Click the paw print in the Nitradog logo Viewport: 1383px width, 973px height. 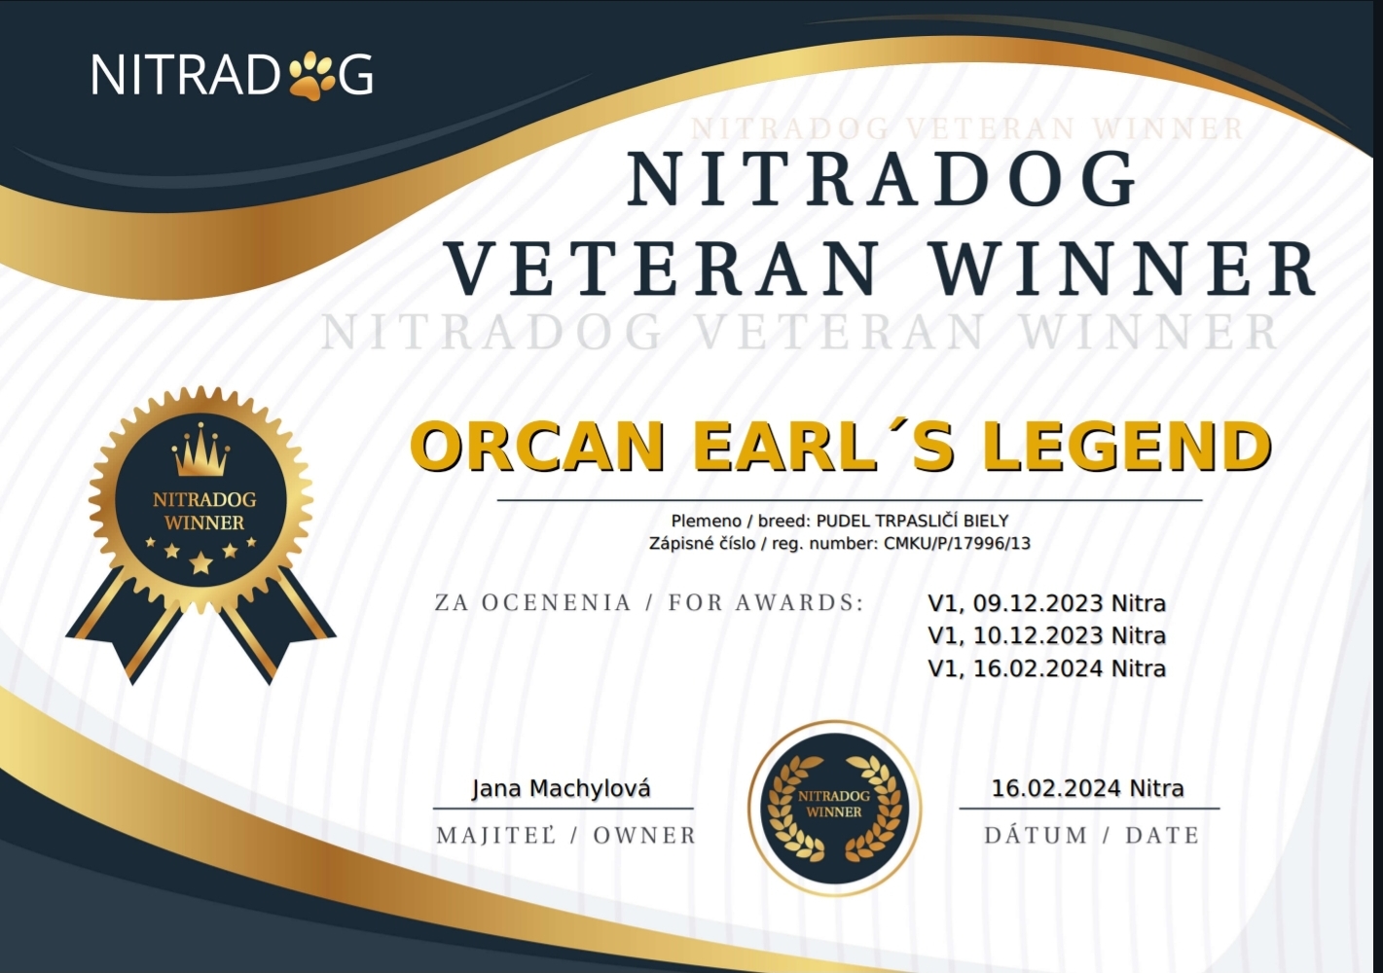coord(313,75)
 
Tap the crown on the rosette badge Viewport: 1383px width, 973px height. coord(200,450)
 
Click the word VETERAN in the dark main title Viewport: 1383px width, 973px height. coord(665,270)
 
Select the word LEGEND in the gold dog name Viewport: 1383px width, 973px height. coord(1126,447)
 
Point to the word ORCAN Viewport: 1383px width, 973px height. coord(536,447)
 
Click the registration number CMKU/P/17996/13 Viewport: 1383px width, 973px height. coord(957,544)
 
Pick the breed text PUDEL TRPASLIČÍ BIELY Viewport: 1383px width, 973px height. coord(912,522)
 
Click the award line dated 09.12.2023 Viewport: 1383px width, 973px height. coord(1046,604)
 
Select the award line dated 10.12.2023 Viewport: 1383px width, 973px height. coord(1046,636)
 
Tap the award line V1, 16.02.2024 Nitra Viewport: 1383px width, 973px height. coord(1046,668)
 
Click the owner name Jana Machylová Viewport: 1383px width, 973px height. coord(562,789)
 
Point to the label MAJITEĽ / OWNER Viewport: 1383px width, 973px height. coord(566,836)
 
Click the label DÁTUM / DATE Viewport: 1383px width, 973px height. coord(1092,836)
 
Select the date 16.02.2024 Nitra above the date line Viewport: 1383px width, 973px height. coord(1088,788)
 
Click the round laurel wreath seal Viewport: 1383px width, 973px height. coord(834,808)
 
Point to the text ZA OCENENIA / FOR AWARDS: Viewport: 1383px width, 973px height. coord(649,602)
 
